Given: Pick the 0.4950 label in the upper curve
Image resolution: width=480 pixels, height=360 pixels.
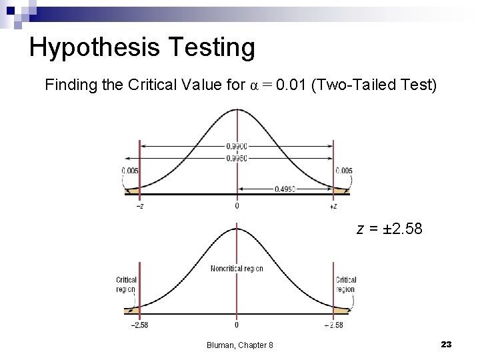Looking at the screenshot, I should pyautogui.click(x=285, y=189).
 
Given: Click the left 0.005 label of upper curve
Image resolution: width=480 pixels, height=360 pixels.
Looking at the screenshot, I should pyautogui.click(x=130, y=171).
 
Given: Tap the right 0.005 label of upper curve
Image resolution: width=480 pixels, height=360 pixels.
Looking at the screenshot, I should pyautogui.click(x=344, y=171).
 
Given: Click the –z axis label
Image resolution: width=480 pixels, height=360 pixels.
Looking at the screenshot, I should pyautogui.click(x=139, y=206).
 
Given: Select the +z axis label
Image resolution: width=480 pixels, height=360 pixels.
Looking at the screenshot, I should pyautogui.click(x=333, y=206).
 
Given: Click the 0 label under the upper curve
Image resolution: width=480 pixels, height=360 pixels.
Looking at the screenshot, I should pyautogui.click(x=237, y=206).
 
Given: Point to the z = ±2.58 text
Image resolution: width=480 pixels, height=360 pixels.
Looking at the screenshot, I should pyautogui.click(x=389, y=230).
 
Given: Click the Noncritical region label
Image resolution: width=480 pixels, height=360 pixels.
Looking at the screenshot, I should pyautogui.click(x=237, y=269).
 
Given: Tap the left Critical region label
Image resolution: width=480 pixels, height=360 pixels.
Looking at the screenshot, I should pyautogui.click(x=126, y=285).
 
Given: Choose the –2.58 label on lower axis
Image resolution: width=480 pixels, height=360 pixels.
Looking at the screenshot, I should pyautogui.click(x=139, y=325).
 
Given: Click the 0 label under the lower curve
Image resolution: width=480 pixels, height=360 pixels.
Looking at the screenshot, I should pyautogui.click(x=237, y=325).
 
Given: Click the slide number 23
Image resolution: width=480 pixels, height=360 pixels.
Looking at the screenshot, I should pyautogui.click(x=446, y=344).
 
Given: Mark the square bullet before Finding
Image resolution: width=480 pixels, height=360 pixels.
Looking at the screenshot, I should pyautogui.click(x=35, y=86).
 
